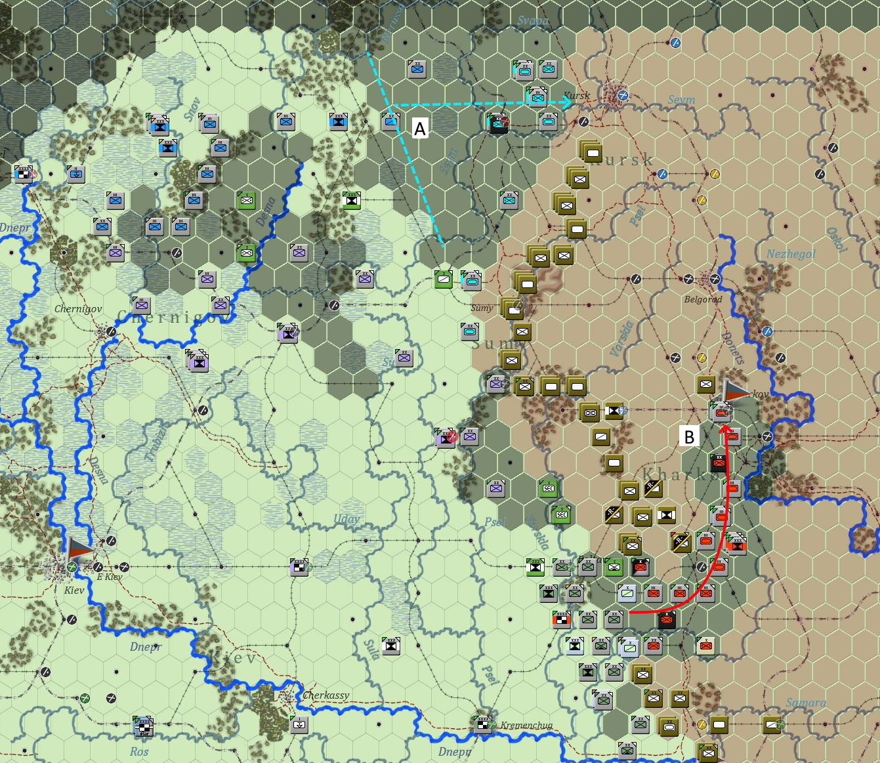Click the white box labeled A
pyautogui.click(x=420, y=129)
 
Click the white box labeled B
pyautogui.click(x=689, y=437)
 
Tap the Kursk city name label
pyautogui.click(x=577, y=96)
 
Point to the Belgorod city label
pyautogui.click(x=703, y=299)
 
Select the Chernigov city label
pyautogui.click(x=78, y=308)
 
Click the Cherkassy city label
pyautogui.click(x=325, y=695)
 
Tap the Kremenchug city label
pyautogui.click(x=526, y=725)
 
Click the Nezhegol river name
pyautogui.click(x=791, y=254)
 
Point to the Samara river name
pyautogui.click(x=806, y=703)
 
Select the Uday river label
pyautogui.click(x=346, y=519)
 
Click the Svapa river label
pyautogui.click(x=532, y=21)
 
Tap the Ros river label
pyautogui.click(x=139, y=751)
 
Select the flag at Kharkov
pyautogui.click(x=734, y=391)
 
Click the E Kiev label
pyautogui.click(x=109, y=577)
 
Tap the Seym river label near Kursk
pyautogui.click(x=681, y=100)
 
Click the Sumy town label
pyautogui.click(x=482, y=308)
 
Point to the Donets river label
pyautogui.click(x=732, y=348)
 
